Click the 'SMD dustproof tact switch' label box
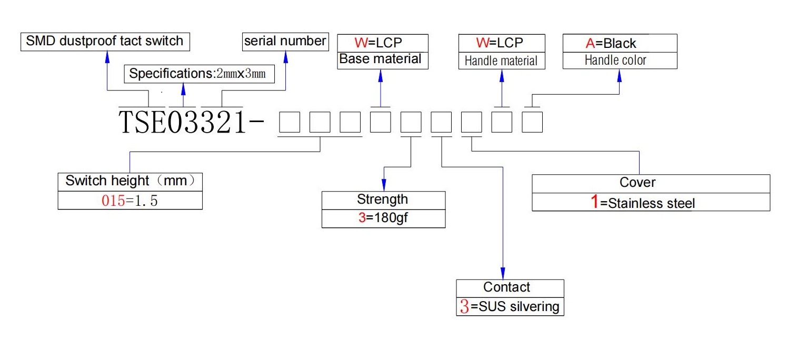[x=105, y=42]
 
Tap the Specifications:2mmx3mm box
[x=199, y=74]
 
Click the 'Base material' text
[x=380, y=59]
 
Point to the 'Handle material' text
[x=501, y=61]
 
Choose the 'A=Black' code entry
[x=611, y=44]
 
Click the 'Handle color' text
[x=615, y=60]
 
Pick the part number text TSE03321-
[x=191, y=122]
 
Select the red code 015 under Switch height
[x=113, y=201]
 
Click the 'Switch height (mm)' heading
[x=130, y=181]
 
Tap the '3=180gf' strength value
[x=383, y=218]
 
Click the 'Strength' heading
[x=382, y=199]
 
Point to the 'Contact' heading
[x=506, y=287]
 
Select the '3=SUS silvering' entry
[x=510, y=306]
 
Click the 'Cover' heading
[x=637, y=182]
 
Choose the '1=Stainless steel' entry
[x=643, y=202]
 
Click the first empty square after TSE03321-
[x=290, y=122]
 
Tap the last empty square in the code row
[x=532, y=122]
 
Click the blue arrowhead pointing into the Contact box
[x=503, y=274]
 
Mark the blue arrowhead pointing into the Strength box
[x=384, y=185]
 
